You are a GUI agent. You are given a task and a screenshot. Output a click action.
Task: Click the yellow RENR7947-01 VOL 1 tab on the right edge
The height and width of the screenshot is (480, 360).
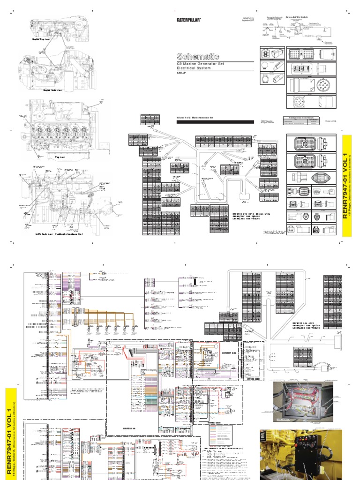(347, 186)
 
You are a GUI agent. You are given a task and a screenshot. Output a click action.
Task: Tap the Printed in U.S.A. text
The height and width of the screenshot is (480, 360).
(331, 120)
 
